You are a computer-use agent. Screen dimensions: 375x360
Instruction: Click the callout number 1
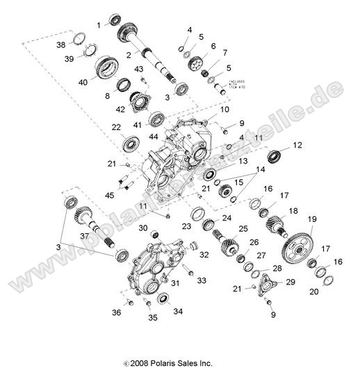99,24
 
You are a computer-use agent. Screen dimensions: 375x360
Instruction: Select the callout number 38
80,45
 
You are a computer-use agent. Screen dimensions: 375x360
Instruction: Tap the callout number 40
84,82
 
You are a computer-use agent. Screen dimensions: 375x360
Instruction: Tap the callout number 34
177,312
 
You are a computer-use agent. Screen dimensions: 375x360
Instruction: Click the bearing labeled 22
131,145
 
